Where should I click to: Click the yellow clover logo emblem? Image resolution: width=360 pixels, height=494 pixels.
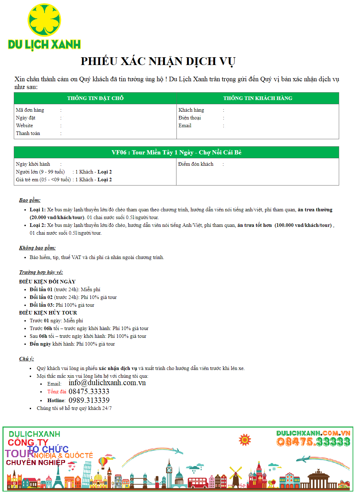pos(44,20)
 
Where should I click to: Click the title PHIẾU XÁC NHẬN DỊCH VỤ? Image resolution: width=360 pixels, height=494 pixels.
pos(158,61)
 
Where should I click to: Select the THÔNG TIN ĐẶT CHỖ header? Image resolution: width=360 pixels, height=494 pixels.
pos(95,98)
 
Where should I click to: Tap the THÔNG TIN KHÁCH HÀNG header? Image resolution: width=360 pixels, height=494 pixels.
pos(258,98)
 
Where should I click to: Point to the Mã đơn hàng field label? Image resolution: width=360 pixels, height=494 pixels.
pos(30,110)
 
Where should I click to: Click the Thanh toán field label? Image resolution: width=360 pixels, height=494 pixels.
pos(28,133)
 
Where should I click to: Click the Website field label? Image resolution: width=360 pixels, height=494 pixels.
pos(24,125)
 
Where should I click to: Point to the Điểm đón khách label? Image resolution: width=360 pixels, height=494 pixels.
pos(196,164)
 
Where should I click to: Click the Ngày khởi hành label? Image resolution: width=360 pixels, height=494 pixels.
pos(33,164)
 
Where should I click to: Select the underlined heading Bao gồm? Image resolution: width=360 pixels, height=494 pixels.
pos(30,200)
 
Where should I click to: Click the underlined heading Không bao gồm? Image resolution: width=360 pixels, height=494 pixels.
pos(37,248)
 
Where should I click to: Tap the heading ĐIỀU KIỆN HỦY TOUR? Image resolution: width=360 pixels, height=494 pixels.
pos(48,313)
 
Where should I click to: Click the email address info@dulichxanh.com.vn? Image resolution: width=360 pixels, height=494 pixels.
pos(107,383)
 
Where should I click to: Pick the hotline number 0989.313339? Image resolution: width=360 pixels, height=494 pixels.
pos(89,400)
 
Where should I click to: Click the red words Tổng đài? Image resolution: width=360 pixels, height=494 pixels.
pos(57,392)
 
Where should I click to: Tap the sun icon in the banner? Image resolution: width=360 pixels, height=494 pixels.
pos(245,440)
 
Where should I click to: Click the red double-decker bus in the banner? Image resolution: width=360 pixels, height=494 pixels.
pos(197,483)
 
